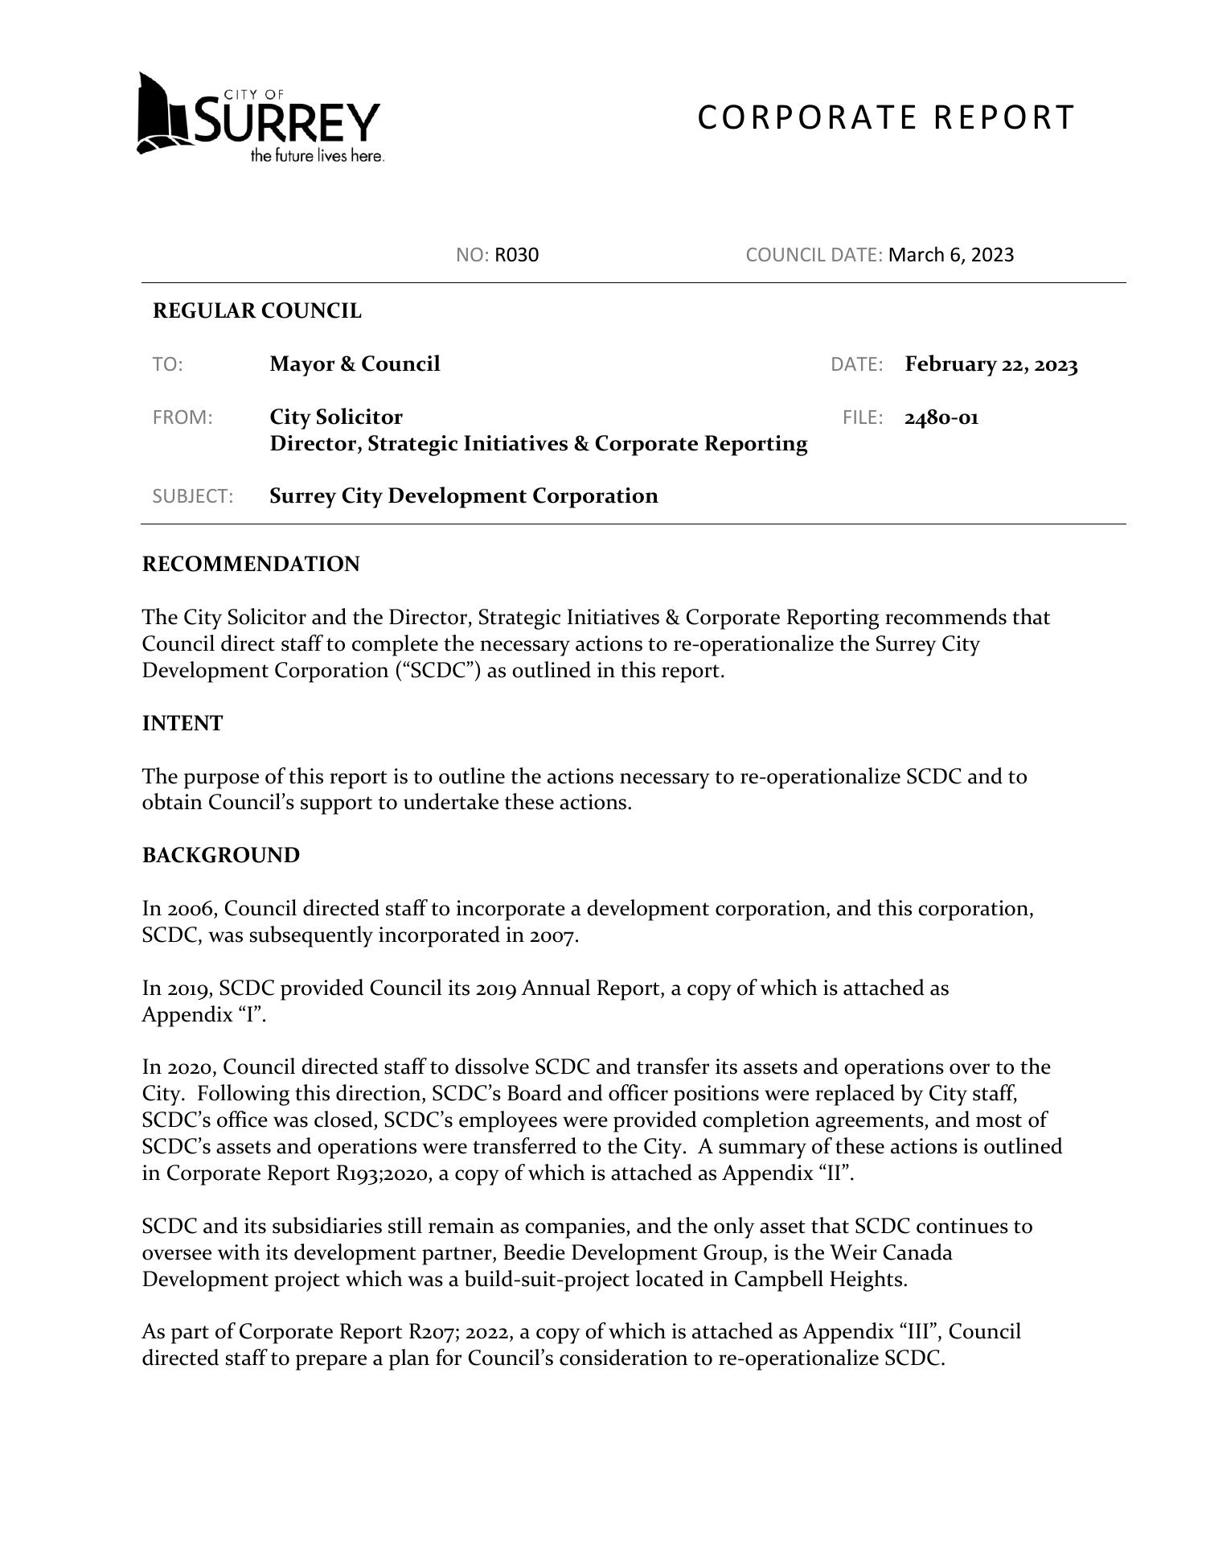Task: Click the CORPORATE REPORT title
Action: coord(885,117)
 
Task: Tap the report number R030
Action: coord(516,255)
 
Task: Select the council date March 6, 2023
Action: coord(951,255)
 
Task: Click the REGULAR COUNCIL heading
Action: coord(257,311)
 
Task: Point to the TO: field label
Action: coord(168,365)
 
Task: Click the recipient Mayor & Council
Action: coord(355,364)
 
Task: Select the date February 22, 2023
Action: coord(991,364)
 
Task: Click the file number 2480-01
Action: coord(941,417)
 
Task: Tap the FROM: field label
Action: coord(183,417)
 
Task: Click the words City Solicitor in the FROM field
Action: coord(336,417)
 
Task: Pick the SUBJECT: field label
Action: coord(193,496)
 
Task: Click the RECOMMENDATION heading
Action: coord(251,565)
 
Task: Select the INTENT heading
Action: coord(183,724)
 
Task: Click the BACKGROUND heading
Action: coord(220,856)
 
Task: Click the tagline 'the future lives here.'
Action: coord(317,156)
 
